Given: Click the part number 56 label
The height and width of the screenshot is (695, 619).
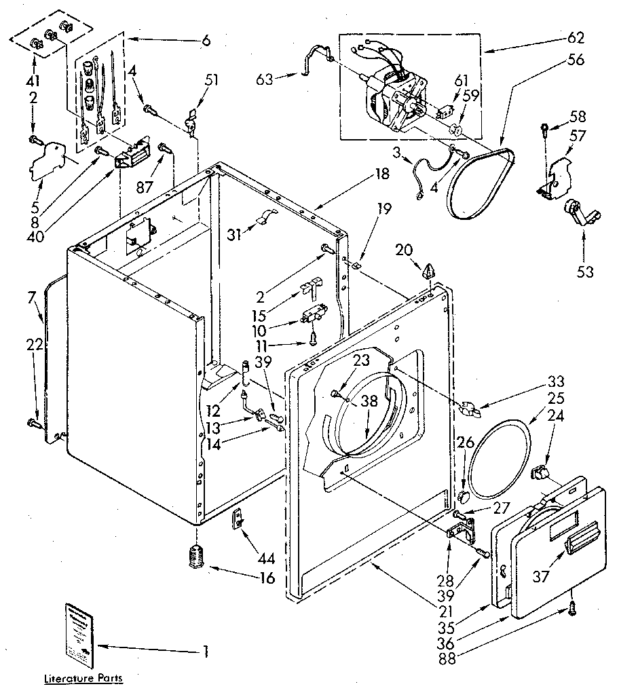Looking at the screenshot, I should coord(576,59).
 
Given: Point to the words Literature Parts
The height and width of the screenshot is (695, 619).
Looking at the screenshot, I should coord(85,678).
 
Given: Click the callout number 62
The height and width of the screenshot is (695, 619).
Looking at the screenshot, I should coord(576,37).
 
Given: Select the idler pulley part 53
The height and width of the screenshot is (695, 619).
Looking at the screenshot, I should coord(579,213).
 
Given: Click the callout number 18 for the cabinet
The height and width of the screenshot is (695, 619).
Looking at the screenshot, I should coord(381,174).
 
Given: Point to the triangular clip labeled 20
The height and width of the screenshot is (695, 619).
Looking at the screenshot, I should coord(428,272).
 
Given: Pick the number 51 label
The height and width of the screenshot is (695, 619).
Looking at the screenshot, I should coord(212,80).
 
